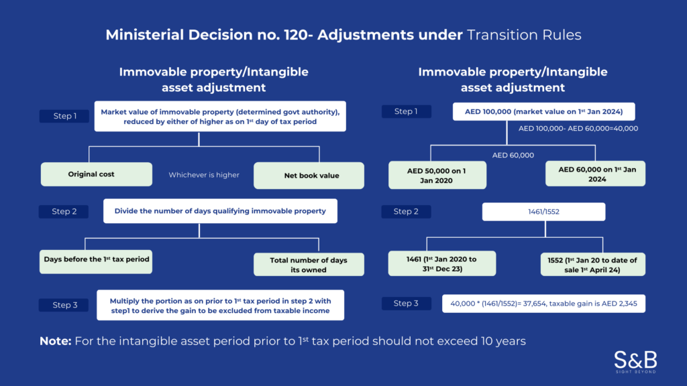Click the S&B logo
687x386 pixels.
635,361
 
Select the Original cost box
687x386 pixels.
97,174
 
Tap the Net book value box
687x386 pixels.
309,176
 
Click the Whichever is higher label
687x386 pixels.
204,175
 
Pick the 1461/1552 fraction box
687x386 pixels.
543,211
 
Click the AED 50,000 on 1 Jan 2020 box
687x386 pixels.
437,175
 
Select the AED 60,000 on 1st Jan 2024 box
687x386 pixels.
596,174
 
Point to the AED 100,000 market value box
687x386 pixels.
543,112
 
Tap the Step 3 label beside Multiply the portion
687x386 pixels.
64,305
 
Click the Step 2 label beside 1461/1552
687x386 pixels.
406,211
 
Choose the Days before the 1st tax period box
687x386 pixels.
96,262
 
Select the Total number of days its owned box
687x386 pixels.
309,264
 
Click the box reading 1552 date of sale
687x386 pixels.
593,264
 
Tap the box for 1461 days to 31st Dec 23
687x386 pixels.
442,263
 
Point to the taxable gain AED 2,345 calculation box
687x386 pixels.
543,304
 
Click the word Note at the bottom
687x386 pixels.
56,341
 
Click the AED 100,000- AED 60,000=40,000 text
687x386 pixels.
578,128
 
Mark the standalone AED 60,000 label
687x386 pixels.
513,155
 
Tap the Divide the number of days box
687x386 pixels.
220,211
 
